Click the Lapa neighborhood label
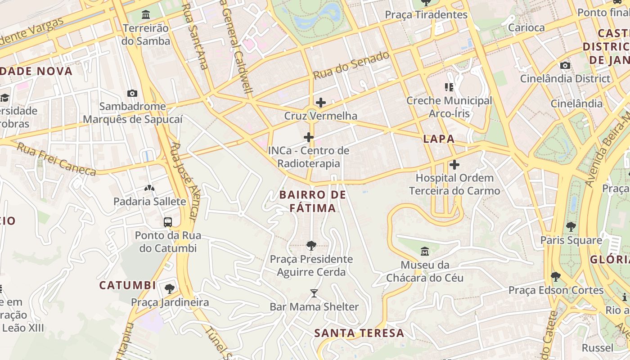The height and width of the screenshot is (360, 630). [x=439, y=139]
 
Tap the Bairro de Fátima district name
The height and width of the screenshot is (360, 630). [x=313, y=201]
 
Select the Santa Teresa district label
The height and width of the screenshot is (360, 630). [x=359, y=333]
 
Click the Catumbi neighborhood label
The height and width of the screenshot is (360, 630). [x=127, y=285]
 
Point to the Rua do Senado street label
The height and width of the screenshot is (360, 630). [x=351, y=66]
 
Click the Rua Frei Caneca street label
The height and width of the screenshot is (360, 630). [x=56, y=159]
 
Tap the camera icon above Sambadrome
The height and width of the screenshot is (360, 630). [x=132, y=93]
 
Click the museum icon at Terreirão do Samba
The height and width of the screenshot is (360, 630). [x=146, y=15]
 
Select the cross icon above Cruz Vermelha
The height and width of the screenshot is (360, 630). [x=320, y=103]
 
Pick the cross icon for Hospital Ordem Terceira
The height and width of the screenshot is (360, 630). [x=454, y=165]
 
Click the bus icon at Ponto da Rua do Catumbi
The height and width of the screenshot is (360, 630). [x=168, y=222]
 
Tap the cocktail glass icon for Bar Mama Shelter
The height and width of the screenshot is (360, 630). [x=314, y=293]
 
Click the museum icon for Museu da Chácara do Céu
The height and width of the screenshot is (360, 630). [x=425, y=251]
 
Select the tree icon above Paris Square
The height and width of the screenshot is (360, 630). [x=571, y=226]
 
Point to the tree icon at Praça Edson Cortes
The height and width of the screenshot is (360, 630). [x=556, y=276]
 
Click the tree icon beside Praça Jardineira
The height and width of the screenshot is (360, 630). [x=170, y=288]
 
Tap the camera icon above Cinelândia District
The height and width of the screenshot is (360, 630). [x=565, y=66]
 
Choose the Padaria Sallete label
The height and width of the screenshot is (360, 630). [x=149, y=201]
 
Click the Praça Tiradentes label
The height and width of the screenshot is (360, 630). [x=426, y=14]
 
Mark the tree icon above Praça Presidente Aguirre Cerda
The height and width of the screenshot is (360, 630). [x=311, y=245]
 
